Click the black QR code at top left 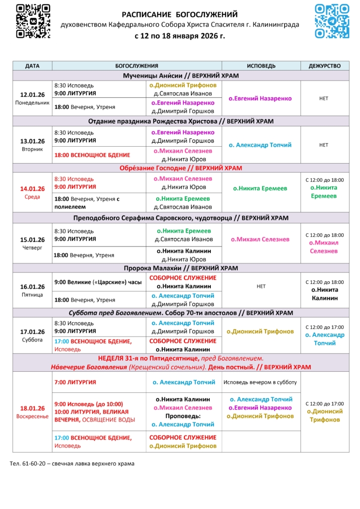tap(33, 21)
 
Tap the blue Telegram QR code tap(332, 21)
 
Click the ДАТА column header tap(32, 66)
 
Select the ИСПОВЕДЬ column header tap(261, 66)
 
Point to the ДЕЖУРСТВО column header tap(324, 66)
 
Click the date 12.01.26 tap(32, 94)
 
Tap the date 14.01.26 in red tap(32, 189)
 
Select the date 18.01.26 tap(32, 408)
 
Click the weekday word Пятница tap(32, 295)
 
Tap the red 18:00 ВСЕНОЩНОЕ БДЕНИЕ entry tap(92, 155)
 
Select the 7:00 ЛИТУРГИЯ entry tap(75, 382)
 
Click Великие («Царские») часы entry tap(98, 282)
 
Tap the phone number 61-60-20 tap(35, 463)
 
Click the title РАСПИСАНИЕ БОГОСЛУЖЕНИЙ tap(180, 14)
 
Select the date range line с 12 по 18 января tap(180, 36)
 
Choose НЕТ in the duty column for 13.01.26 tap(324, 145)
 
